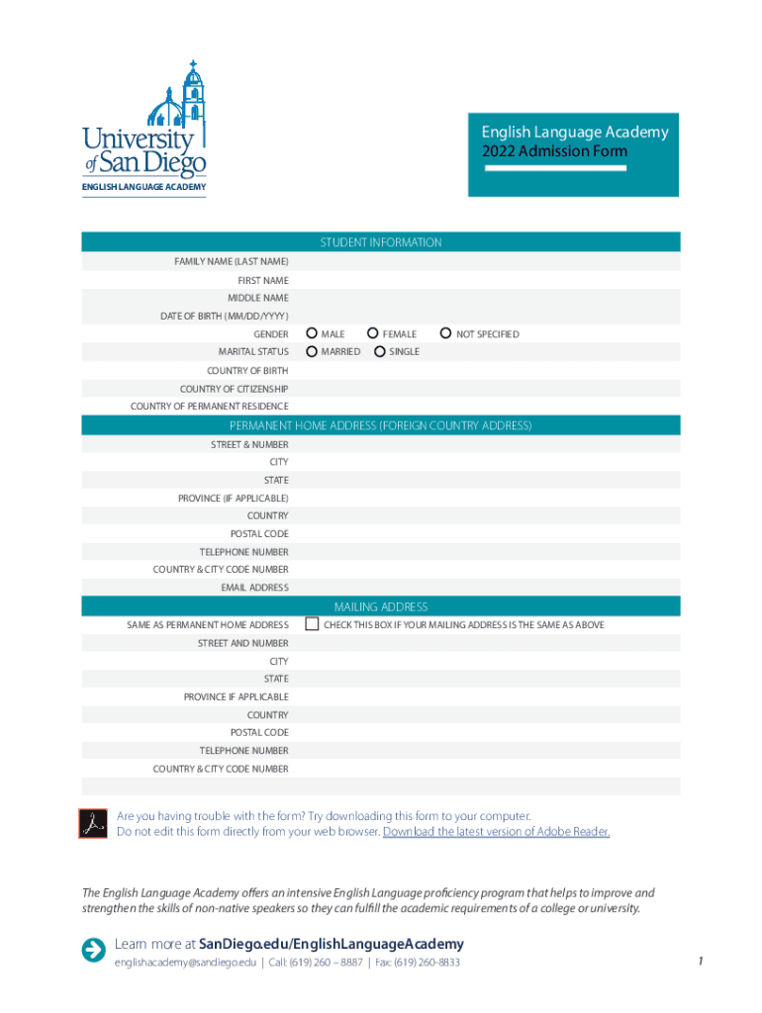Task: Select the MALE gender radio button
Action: pyautogui.click(x=312, y=334)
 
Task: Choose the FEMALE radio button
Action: pyautogui.click(x=373, y=334)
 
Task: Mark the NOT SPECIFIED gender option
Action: pyautogui.click(x=445, y=334)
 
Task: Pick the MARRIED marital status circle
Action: pyautogui.click(x=312, y=351)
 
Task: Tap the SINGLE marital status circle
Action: pyautogui.click(x=379, y=351)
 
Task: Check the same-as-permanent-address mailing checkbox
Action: pyautogui.click(x=312, y=624)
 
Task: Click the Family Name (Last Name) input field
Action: pyautogui.click(x=485, y=262)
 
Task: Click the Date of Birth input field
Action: pyautogui.click(x=485, y=317)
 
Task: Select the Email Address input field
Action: pyautogui.click(x=485, y=588)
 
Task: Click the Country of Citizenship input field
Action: pyautogui.click(x=485, y=389)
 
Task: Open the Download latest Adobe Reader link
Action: pyautogui.click(x=496, y=832)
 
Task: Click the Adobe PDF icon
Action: pyautogui.click(x=93, y=823)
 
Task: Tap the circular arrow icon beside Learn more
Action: pyautogui.click(x=94, y=950)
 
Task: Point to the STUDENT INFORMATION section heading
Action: pyautogui.click(x=381, y=242)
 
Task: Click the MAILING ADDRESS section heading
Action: pyautogui.click(x=381, y=606)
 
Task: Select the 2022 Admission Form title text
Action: pyautogui.click(x=554, y=151)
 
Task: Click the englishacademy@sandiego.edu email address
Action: pyautogui.click(x=185, y=963)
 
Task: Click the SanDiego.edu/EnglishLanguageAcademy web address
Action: pyautogui.click(x=332, y=945)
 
